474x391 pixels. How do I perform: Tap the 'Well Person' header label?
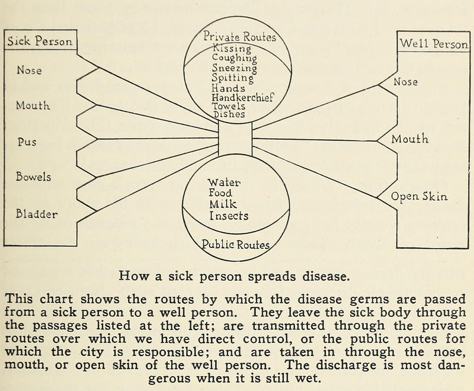pos(434,43)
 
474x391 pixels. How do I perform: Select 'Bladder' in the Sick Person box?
pos(37,214)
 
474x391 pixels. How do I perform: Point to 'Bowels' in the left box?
pos(34,177)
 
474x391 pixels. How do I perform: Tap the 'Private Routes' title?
pos(239,37)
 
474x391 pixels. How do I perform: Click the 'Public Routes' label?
pos(236,244)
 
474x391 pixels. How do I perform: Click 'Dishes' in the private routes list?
pos(228,115)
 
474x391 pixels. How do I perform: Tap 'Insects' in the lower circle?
pos(229,216)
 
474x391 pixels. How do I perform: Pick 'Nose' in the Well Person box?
pos(405,82)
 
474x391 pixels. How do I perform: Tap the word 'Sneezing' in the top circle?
pos(234,68)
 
